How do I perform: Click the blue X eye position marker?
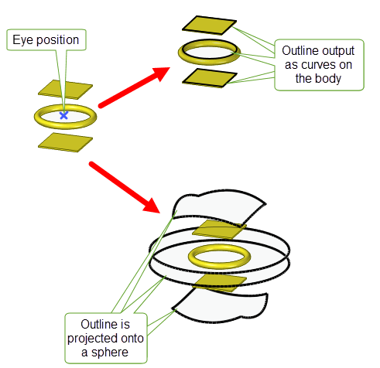pyautogui.click(x=63, y=115)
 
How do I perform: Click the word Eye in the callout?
pyautogui.click(x=23, y=40)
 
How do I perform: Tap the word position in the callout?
pyautogui.click(x=58, y=40)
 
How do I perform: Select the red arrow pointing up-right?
pyautogui.click(x=134, y=87)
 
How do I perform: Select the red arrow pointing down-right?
pyautogui.click(x=125, y=187)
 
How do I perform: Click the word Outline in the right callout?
pyautogui.click(x=296, y=50)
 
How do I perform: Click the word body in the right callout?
pyautogui.click(x=330, y=79)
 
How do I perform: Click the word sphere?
pyautogui.click(x=110, y=353)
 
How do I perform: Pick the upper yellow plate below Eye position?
pyautogui.click(x=65, y=90)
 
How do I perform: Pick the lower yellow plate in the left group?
pyautogui.click(x=65, y=142)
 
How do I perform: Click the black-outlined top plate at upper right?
pyautogui.click(x=209, y=25)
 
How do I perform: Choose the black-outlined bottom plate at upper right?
pyautogui.click(x=209, y=78)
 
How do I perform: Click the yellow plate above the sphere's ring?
pyautogui.click(x=219, y=230)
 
